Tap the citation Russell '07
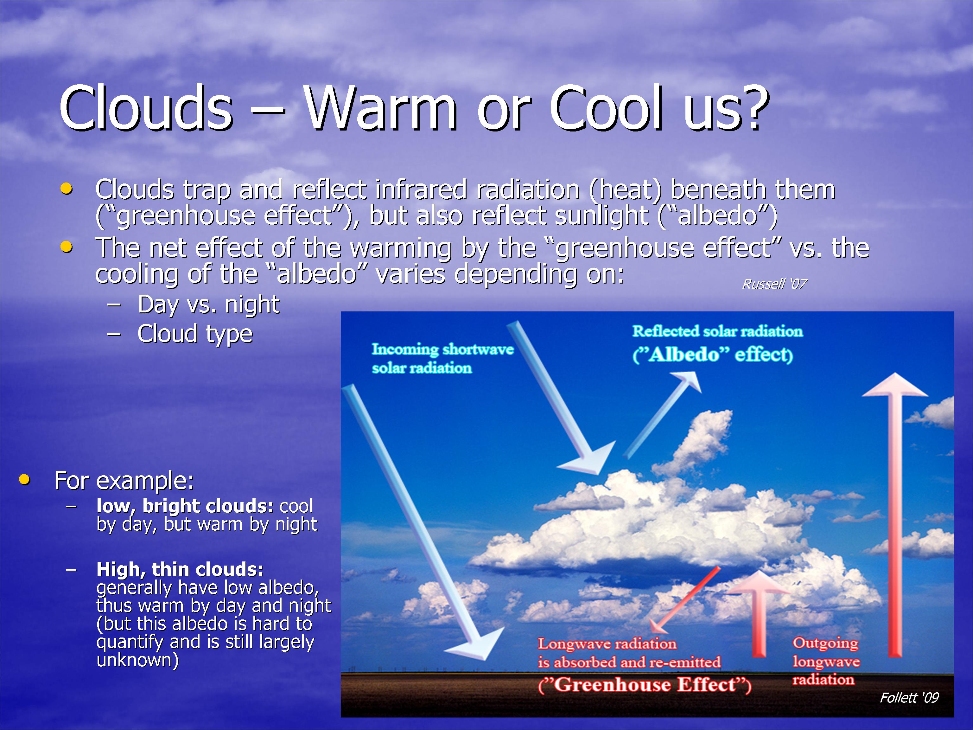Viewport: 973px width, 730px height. pos(774,284)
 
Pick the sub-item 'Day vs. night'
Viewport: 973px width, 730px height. pos(208,304)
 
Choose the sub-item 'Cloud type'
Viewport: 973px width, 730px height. pos(195,334)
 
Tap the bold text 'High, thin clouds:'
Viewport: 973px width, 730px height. pos(180,569)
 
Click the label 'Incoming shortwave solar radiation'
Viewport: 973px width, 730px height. pos(442,358)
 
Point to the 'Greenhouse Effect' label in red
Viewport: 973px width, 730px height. pos(645,685)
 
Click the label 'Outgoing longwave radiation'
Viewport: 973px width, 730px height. pos(826,661)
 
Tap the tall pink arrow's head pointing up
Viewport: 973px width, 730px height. pos(895,385)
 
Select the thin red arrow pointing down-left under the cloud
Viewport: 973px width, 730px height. pos(684,600)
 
